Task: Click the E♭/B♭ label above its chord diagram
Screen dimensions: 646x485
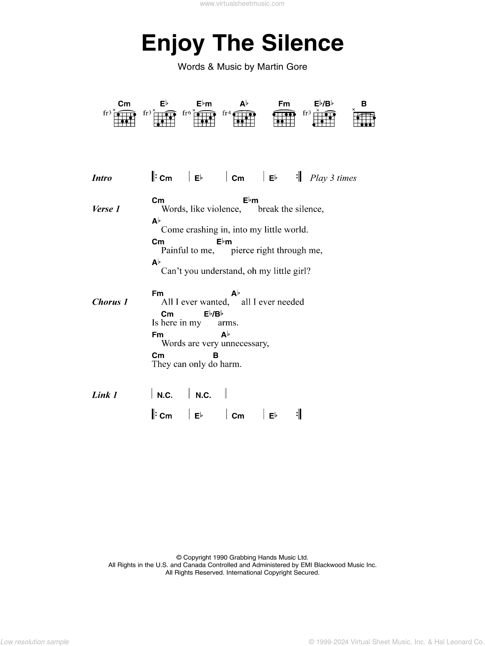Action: pyautogui.click(x=324, y=104)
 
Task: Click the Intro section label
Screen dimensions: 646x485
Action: pyautogui.click(x=102, y=178)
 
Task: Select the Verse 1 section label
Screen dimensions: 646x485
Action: pyautogui.click(x=106, y=209)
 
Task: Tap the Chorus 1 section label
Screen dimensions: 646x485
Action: pyautogui.click(x=110, y=302)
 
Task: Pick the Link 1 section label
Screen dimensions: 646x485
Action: pyautogui.click(x=105, y=395)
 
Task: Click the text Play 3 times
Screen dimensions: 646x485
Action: pyautogui.click(x=333, y=178)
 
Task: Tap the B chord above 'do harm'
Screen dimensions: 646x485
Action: pyautogui.click(x=215, y=355)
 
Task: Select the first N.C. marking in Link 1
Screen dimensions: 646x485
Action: pyautogui.click(x=165, y=395)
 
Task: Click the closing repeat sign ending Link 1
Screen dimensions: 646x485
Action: pyautogui.click(x=299, y=414)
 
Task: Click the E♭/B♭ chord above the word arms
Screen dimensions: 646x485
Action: pyautogui.click(x=213, y=314)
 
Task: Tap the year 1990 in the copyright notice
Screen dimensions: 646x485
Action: pyautogui.click(x=220, y=558)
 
